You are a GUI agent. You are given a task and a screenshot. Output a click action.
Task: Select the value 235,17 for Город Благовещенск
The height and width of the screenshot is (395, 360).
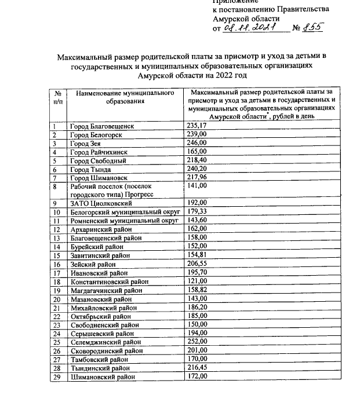[x=197, y=126]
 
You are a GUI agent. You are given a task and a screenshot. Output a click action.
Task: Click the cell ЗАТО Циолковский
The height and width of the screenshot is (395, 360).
[x=101, y=203]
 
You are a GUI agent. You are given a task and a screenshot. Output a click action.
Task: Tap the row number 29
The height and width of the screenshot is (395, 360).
[x=57, y=377]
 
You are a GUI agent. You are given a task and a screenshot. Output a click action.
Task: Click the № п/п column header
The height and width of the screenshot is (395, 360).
[x=58, y=97]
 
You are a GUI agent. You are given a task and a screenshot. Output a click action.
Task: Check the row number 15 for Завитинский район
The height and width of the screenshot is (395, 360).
[x=57, y=255]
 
